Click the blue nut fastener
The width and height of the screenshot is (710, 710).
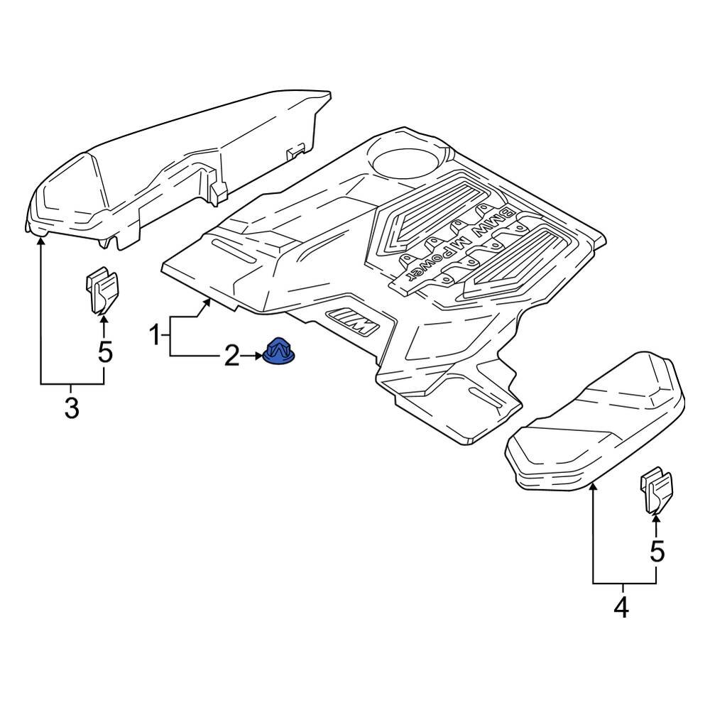pos(280,351)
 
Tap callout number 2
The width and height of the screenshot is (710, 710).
pos(232,356)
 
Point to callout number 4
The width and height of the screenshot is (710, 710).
pos(621,607)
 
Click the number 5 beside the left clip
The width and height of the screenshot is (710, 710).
pos(105,351)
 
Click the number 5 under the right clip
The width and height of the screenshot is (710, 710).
pos(657,550)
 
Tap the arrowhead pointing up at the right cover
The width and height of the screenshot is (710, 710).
pos(593,486)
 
